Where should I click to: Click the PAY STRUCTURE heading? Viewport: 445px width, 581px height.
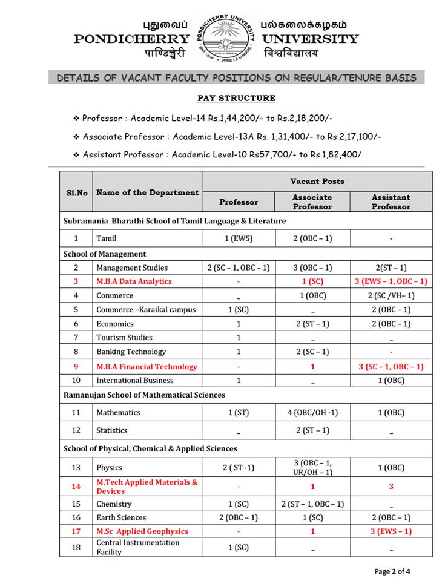coord(236,98)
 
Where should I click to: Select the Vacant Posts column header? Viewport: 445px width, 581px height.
coord(317,181)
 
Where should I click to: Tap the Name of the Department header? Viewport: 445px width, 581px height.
coord(148,192)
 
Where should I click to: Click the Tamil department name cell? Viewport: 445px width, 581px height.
coord(107,238)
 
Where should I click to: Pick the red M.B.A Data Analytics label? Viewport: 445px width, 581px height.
coord(134,281)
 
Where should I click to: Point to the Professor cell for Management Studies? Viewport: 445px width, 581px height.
coord(239,268)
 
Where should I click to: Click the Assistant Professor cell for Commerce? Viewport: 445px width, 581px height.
coord(391,295)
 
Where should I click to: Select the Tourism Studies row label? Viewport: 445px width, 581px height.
coord(124,337)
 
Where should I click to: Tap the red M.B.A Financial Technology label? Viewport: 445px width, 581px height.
coord(147,366)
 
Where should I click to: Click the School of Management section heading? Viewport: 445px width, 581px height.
coord(105,254)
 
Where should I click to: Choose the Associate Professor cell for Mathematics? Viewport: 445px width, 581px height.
coord(312,412)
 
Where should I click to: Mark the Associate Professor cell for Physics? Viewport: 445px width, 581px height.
coord(312,467)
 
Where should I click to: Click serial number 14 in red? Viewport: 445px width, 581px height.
coord(76,487)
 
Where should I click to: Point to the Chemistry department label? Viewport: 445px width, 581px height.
coord(114,504)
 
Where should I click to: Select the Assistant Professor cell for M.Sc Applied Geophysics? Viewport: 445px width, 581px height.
coord(391,531)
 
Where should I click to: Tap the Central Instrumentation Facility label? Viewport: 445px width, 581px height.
coord(138,547)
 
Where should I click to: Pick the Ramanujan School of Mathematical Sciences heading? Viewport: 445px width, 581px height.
coord(144,395)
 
